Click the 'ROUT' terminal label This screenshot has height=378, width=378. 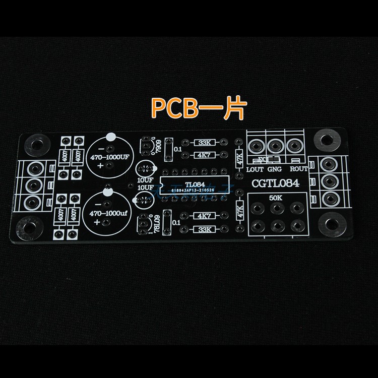coord(299,170)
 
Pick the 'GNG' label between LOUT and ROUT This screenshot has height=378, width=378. coord(276,170)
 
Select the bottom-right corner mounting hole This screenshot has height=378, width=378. coord(332,223)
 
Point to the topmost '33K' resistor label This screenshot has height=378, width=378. coord(205,143)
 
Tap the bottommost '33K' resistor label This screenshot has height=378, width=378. coord(205,230)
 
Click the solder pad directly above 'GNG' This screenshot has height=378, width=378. coord(275,146)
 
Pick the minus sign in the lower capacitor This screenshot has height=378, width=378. coord(100,205)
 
